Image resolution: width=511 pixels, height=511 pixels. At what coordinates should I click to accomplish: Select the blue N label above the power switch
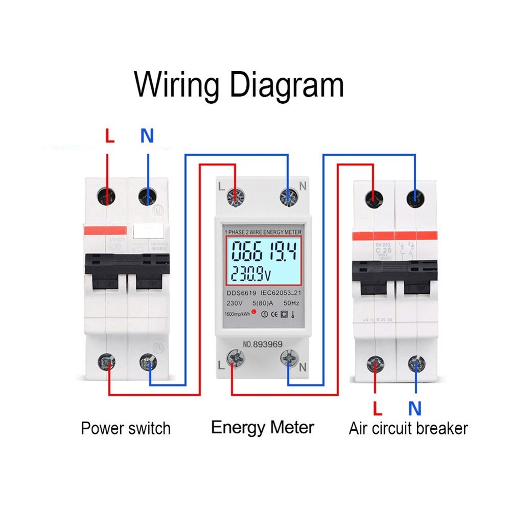(147, 136)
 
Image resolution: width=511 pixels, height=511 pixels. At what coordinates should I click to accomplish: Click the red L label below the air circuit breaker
(378, 408)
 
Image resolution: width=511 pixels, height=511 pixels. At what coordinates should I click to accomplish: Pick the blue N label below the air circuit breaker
(414, 408)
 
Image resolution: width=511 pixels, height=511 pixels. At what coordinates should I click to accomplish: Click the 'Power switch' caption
(126, 428)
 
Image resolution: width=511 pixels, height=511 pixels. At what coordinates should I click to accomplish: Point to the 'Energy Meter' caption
(263, 427)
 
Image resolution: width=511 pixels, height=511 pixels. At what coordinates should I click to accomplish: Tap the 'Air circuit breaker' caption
(408, 428)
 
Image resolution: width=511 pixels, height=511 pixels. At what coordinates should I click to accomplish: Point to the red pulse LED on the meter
(253, 313)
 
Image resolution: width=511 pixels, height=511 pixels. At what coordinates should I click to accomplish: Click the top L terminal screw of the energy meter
(236, 196)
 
